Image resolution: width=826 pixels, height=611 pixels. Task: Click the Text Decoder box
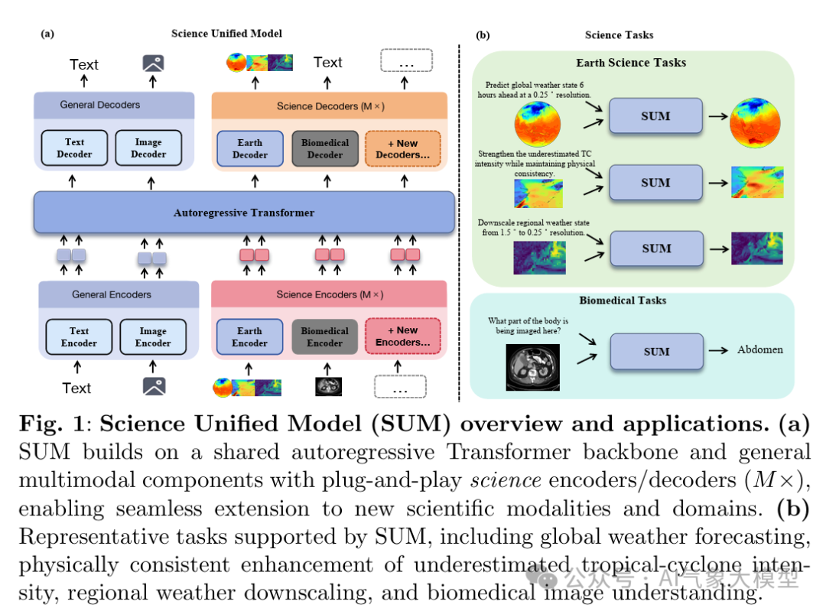click(74, 148)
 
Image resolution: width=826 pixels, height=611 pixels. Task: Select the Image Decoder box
click(148, 148)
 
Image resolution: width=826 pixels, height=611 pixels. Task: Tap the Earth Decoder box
click(249, 148)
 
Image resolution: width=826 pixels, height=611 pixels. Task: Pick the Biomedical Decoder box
click(325, 148)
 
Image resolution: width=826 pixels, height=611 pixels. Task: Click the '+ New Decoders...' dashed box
click(403, 148)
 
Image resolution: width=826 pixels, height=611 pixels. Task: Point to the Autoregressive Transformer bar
click(244, 213)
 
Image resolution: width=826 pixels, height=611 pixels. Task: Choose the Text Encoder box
click(79, 337)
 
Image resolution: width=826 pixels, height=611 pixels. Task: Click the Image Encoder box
click(153, 337)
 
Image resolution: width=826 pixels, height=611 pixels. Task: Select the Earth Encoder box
click(249, 337)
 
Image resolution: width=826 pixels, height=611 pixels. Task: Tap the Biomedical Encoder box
click(325, 337)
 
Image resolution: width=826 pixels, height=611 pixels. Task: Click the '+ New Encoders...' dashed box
click(403, 337)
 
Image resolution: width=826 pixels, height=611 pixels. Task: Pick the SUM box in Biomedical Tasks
click(656, 352)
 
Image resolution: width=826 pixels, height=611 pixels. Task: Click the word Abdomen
click(759, 349)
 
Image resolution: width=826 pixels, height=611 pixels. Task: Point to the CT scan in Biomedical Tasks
click(532, 367)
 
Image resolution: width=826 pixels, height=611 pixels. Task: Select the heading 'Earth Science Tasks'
click(631, 63)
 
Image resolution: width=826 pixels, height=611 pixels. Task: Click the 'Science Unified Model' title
click(226, 34)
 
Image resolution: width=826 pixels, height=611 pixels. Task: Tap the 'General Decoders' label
click(100, 105)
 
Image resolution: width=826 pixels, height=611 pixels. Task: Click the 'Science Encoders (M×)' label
click(330, 294)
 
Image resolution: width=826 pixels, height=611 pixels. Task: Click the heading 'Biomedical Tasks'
click(622, 301)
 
